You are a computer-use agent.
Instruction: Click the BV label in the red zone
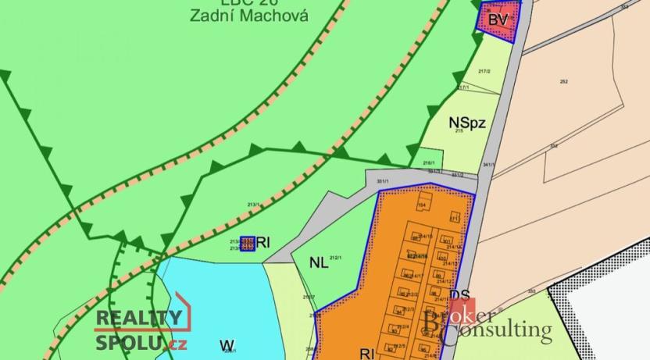click(x=497, y=20)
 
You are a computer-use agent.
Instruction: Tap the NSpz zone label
click(x=467, y=122)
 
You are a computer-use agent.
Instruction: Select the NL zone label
click(x=318, y=263)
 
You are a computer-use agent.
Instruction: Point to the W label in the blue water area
click(x=227, y=344)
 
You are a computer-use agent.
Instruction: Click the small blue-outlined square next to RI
click(x=247, y=244)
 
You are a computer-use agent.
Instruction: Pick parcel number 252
click(x=563, y=81)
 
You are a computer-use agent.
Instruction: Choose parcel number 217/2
click(x=484, y=71)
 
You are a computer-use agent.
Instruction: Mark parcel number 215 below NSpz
click(x=459, y=134)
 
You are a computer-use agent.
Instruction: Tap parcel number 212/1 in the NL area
click(x=337, y=256)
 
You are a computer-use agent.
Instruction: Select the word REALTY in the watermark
click(x=139, y=318)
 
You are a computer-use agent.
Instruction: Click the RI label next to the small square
click(x=263, y=244)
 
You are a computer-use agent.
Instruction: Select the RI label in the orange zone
click(x=366, y=353)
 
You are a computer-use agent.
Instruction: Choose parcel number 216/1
click(x=428, y=162)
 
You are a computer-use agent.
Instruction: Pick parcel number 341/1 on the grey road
click(x=489, y=165)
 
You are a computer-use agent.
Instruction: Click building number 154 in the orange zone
click(x=422, y=205)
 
